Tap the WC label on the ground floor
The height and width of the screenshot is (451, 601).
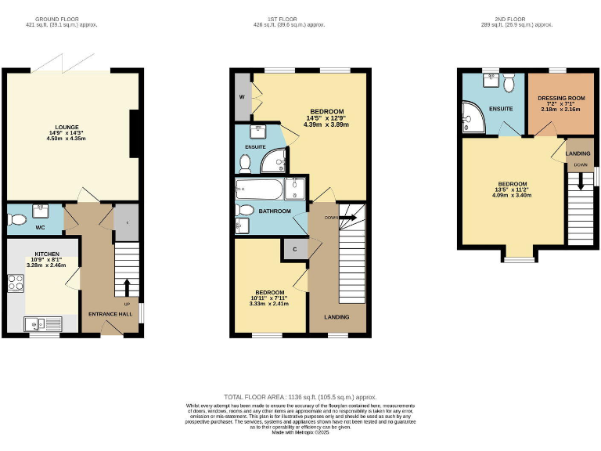39,229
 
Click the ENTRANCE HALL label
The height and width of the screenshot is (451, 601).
110,314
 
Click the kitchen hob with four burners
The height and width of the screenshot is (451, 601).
15,283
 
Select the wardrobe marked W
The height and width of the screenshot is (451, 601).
241,98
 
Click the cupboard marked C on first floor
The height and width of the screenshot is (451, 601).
295,249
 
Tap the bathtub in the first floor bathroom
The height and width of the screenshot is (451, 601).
261,189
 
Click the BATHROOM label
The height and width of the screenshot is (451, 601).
275,211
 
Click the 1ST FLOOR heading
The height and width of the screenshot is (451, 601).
293,18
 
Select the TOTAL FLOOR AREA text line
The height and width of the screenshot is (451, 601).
300,398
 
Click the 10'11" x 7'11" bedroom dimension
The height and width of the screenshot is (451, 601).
269,298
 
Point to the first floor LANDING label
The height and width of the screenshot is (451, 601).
337,316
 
